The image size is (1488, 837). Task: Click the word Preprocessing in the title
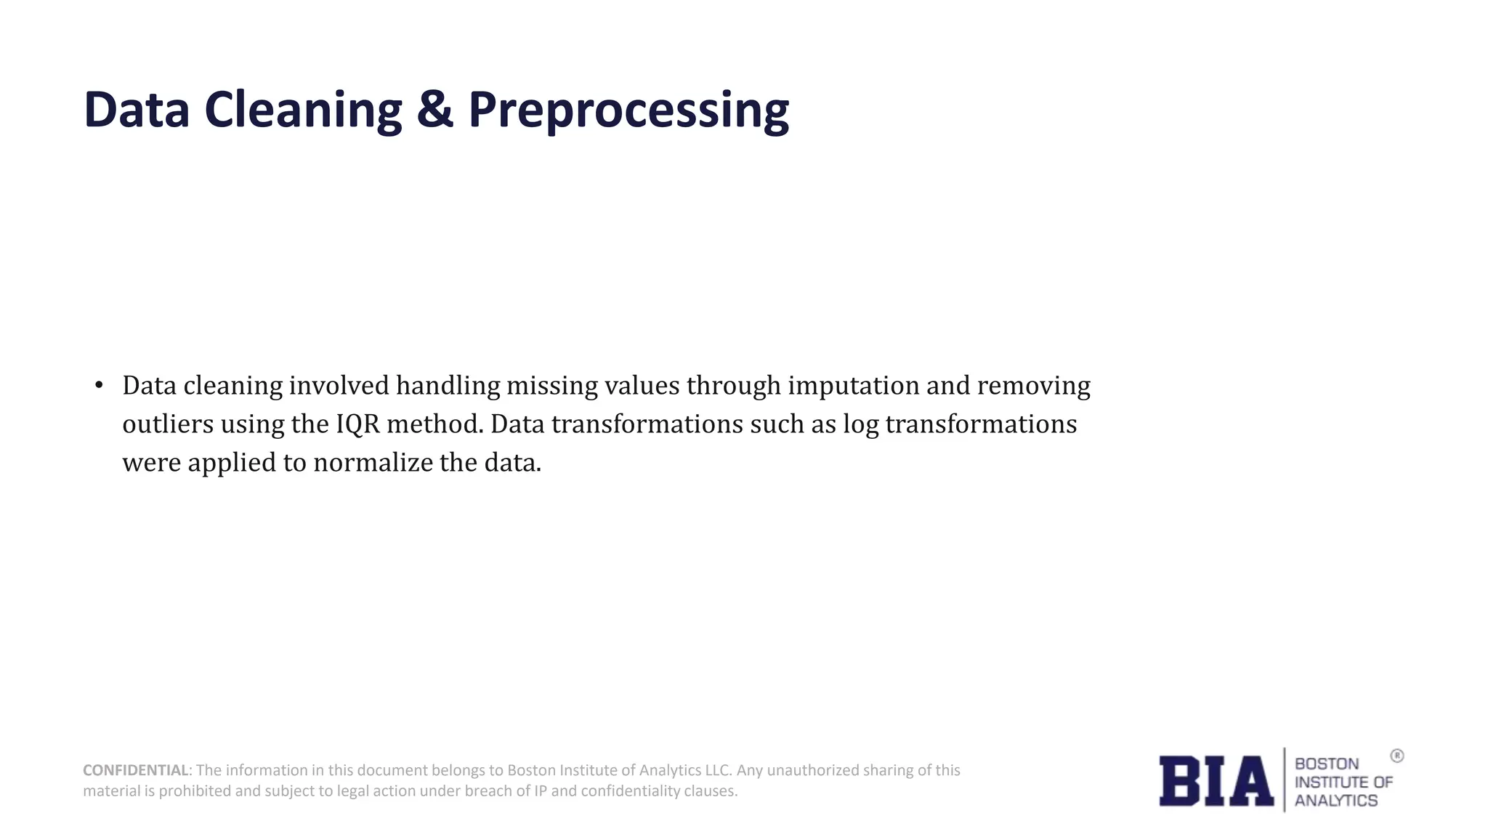pos(628,110)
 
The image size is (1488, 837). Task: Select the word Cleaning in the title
pos(303,110)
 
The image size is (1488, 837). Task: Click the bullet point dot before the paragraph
pos(100,385)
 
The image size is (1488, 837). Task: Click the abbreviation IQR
pos(357,424)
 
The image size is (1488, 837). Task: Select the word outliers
pos(168,424)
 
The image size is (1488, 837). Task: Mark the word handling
pos(448,386)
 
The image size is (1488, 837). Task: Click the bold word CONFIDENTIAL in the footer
pos(136,770)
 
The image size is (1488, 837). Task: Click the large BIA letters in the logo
pos(1216,781)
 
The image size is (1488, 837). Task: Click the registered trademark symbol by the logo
pos(1396,756)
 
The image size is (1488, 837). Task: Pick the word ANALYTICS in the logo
pos(1335,801)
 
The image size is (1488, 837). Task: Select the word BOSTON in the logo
pos(1326,764)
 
